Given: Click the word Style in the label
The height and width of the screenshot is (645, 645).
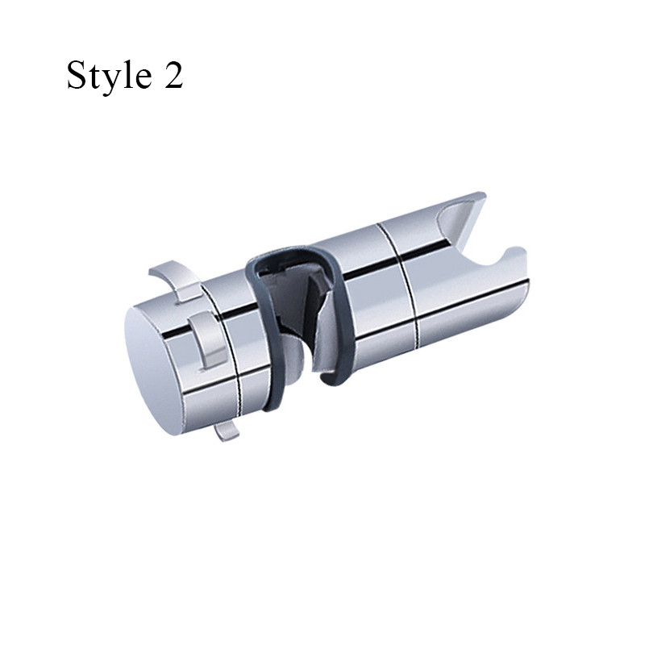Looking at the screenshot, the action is [109, 76].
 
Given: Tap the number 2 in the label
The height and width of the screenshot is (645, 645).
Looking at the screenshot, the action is [173, 74].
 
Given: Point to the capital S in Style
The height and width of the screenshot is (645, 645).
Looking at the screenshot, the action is [77, 74].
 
